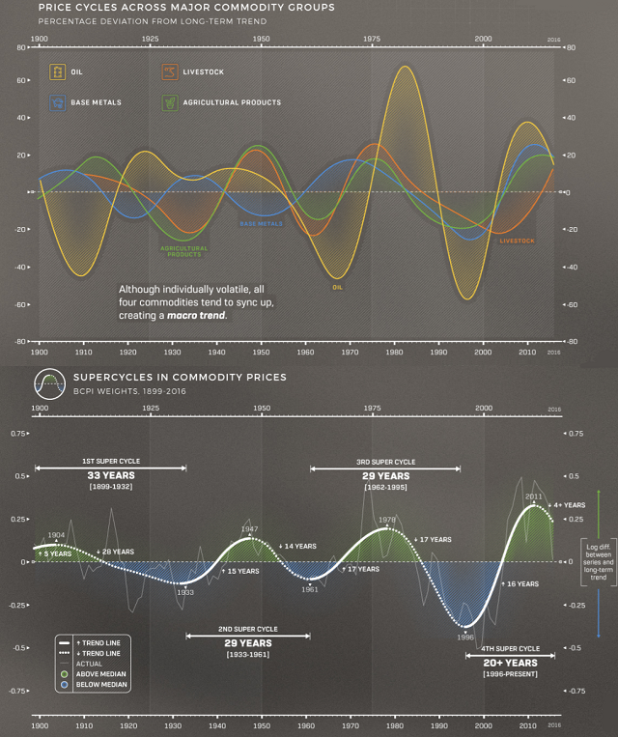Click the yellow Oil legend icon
click(x=59, y=72)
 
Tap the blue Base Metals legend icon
click(x=59, y=101)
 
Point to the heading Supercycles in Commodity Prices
click(x=180, y=377)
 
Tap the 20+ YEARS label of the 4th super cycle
click(x=507, y=664)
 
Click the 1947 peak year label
click(x=249, y=528)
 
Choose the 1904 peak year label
click(x=56, y=535)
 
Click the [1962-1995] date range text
click(x=385, y=488)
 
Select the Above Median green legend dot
click(x=64, y=674)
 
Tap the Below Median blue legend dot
click(x=64, y=684)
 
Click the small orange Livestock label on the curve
click(x=517, y=241)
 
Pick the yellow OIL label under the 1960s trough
click(x=338, y=287)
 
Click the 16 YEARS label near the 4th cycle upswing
click(x=522, y=583)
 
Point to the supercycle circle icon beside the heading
click(x=49, y=383)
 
